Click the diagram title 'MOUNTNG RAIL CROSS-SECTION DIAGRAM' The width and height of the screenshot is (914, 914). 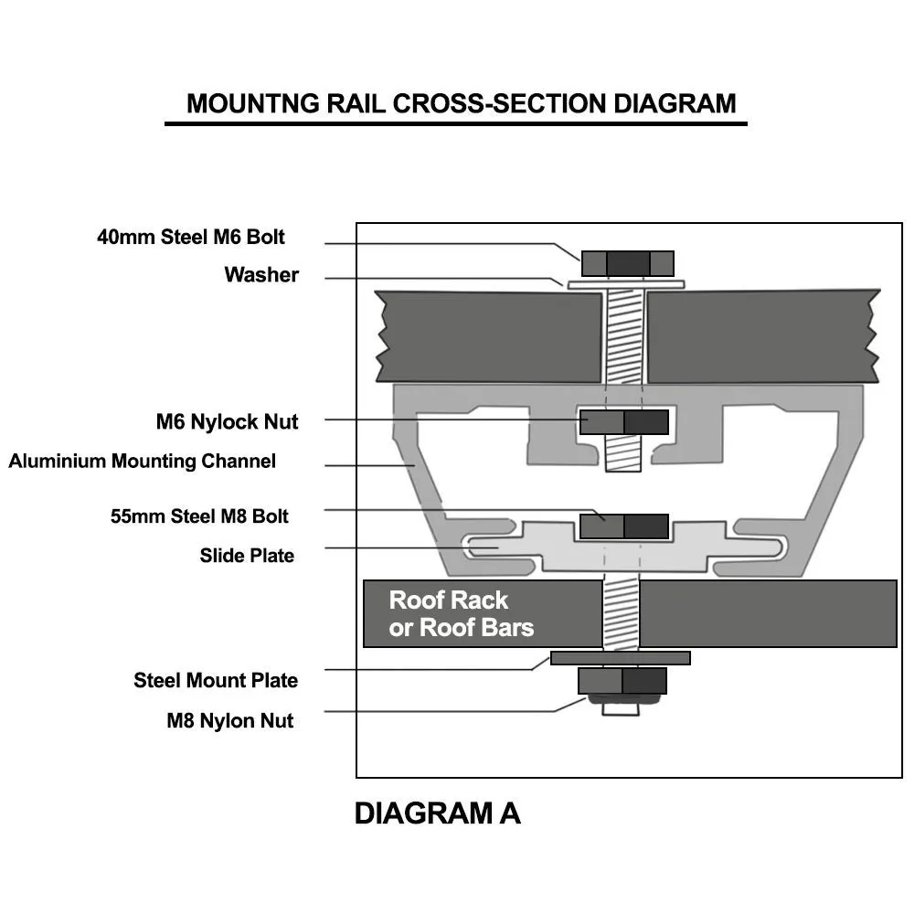click(x=461, y=102)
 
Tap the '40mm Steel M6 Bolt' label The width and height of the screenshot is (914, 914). click(x=191, y=237)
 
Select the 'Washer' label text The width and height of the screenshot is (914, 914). click(x=261, y=274)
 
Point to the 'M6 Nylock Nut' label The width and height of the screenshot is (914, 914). click(x=227, y=421)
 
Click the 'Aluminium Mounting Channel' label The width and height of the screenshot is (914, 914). click(x=142, y=461)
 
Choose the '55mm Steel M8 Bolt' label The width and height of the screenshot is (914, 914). click(x=199, y=515)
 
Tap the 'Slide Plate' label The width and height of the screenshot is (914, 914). click(x=247, y=555)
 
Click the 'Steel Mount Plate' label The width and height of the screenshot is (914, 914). click(x=216, y=680)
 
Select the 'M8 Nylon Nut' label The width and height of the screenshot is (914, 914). click(x=229, y=720)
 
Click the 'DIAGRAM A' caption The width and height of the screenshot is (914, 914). click(x=437, y=813)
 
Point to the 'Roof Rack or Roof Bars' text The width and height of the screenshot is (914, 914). click(x=461, y=613)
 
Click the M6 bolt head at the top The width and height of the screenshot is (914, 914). click(x=627, y=263)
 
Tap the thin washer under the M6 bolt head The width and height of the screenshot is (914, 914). click(x=626, y=284)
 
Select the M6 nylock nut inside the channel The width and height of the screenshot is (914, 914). click(x=624, y=421)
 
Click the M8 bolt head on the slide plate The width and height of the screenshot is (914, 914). click(x=624, y=526)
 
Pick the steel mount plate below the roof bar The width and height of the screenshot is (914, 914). click(x=621, y=658)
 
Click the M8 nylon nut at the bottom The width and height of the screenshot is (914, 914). click(x=622, y=681)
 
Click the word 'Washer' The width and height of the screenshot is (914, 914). click(x=261, y=274)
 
